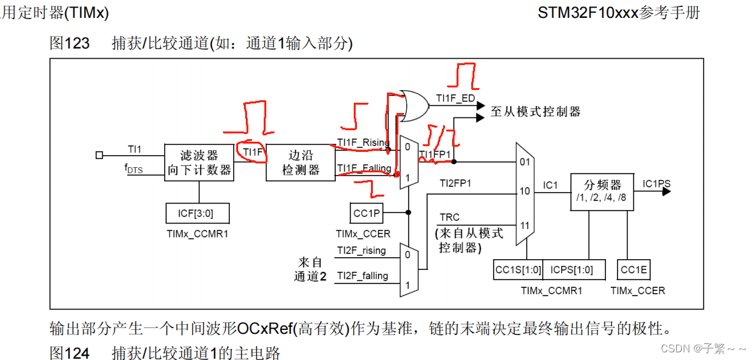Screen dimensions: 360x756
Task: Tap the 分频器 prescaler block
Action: click(602, 191)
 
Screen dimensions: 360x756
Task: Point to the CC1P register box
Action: click(366, 213)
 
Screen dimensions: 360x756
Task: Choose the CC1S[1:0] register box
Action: click(517, 270)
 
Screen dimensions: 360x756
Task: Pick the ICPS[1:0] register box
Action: click(571, 270)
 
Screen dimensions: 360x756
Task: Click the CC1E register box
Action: click(633, 270)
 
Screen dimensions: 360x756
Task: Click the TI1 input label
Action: click(134, 149)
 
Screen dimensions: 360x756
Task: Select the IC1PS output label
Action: click(656, 184)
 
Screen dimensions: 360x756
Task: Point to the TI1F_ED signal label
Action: click(455, 98)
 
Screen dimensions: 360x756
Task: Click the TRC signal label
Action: click(450, 218)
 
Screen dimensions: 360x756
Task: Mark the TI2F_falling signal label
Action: click(361, 275)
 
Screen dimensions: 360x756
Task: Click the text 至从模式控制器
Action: click(536, 112)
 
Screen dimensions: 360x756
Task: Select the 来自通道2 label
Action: click(310, 269)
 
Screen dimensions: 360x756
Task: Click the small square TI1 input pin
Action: click(99, 155)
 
